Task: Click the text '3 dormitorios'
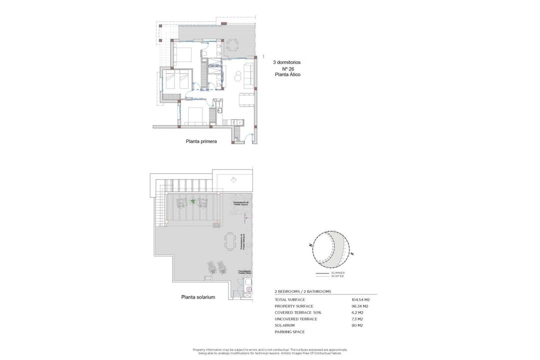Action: point(286,62)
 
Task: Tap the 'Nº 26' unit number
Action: point(287,68)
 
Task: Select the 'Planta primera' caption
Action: point(201,141)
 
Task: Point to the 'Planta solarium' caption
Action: point(198,297)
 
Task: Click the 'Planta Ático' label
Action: point(287,74)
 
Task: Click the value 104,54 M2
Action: point(360,300)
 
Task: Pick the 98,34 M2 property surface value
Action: point(359,306)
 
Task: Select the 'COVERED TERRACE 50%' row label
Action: point(298,312)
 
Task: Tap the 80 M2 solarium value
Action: point(357,325)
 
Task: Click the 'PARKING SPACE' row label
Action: point(289,332)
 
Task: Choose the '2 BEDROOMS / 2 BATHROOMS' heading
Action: point(302,291)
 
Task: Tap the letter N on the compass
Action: point(310,245)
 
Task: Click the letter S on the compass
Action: point(352,254)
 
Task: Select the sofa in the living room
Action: point(248,73)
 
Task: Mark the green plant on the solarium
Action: point(192,202)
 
